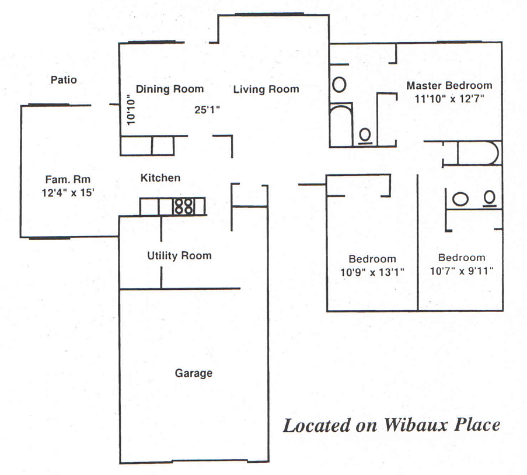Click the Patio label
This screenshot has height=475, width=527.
click(x=63, y=80)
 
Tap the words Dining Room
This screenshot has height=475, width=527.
click(x=170, y=89)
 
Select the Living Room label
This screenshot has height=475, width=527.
click(x=266, y=89)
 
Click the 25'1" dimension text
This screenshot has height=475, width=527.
click(x=208, y=109)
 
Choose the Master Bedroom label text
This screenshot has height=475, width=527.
click(x=449, y=85)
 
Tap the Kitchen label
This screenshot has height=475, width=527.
click(x=160, y=178)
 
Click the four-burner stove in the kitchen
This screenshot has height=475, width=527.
click(x=183, y=206)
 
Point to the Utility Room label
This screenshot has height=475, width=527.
click(x=179, y=255)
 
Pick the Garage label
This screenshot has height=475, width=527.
click(x=194, y=373)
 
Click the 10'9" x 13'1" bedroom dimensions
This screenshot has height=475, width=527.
click(x=372, y=271)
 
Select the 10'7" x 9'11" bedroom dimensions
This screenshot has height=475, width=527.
click(x=462, y=270)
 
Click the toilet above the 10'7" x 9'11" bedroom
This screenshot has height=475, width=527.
click(x=489, y=199)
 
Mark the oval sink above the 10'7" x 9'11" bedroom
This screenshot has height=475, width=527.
click(x=460, y=199)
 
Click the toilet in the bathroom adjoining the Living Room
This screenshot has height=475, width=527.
click(x=366, y=135)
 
